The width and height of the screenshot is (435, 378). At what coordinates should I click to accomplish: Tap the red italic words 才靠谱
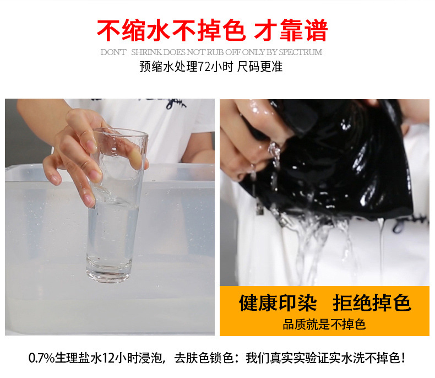290,31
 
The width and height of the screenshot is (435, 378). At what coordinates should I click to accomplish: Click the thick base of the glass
108,272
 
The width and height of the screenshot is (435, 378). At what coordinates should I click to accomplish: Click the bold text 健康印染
278,303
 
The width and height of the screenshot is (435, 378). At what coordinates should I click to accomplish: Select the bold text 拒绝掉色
372,303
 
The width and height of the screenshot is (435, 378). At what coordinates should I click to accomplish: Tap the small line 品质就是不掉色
324,324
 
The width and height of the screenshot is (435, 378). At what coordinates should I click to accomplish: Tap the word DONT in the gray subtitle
113,52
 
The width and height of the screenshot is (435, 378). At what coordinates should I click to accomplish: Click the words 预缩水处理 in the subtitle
168,67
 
